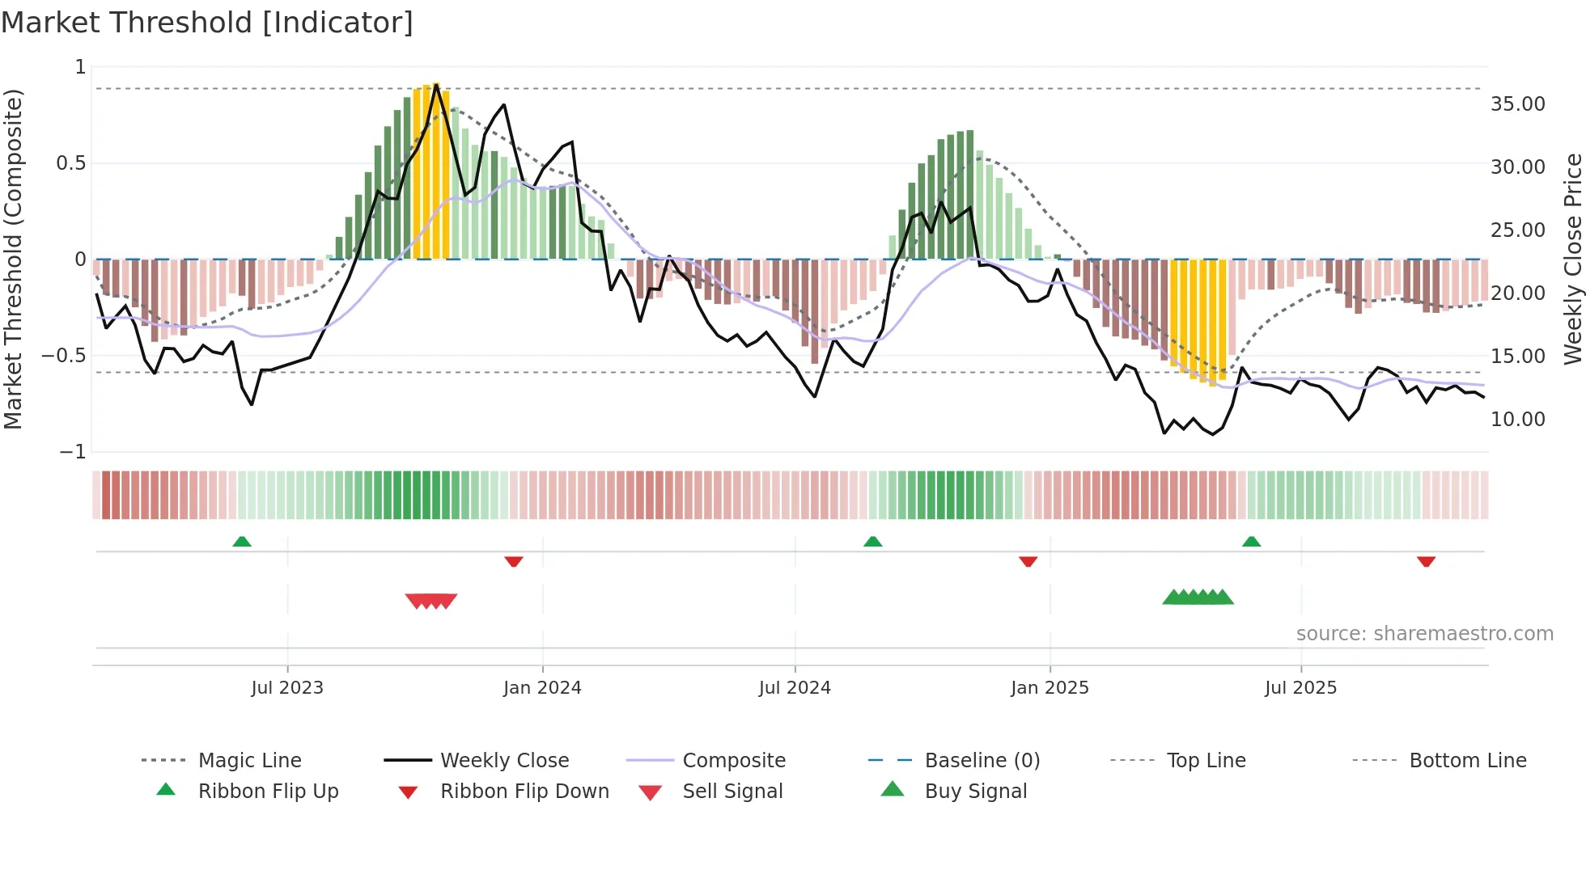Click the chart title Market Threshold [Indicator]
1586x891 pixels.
[x=207, y=23]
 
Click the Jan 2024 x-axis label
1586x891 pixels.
[x=542, y=688]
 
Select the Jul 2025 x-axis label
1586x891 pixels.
[x=1300, y=688]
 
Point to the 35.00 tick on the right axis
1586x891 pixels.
[x=1517, y=104]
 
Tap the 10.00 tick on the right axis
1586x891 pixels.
[x=1517, y=420]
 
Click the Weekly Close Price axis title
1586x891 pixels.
[x=1572, y=259]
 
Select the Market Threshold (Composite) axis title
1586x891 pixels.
[x=13, y=259]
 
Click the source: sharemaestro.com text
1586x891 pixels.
[x=1424, y=634]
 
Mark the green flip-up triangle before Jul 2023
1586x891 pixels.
[x=242, y=542]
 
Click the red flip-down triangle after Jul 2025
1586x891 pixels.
[x=1426, y=561]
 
